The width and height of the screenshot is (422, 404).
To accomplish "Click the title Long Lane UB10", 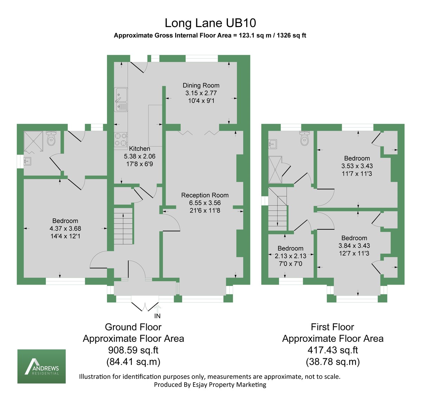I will point(210,23).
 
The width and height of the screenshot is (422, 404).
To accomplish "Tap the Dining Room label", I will point(201,85).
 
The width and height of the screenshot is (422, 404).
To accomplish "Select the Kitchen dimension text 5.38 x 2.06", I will point(139,156).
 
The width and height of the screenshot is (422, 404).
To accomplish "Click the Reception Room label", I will point(205,195).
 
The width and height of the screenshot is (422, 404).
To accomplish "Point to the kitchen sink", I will point(121,99).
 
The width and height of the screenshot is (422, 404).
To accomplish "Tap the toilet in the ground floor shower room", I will point(51,139).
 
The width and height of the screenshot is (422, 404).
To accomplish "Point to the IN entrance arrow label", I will point(158,316).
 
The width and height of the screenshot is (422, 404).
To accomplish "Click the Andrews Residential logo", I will point(41,366).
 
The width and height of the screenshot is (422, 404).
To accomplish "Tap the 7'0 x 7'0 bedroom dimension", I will point(290,263).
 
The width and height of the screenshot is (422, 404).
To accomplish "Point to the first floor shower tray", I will point(275,170).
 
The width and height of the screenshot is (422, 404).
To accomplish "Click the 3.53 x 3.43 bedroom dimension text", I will point(357,166).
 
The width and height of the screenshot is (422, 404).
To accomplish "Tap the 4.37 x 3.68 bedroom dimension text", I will point(65,228).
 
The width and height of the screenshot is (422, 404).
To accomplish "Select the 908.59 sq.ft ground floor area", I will point(133,350).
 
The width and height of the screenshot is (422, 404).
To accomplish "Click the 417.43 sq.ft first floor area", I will point(332,350).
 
